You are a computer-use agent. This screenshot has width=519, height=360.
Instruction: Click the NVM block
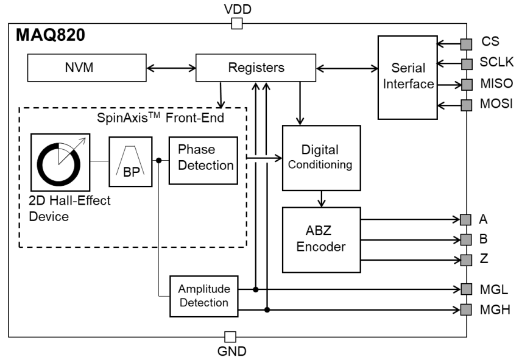point(79,68)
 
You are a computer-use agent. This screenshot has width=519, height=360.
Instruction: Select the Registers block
point(256,68)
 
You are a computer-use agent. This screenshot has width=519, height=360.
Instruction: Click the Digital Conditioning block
point(321,158)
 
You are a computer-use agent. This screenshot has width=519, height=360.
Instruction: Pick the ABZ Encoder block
point(321,239)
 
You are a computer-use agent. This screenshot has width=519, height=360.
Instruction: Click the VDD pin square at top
point(238,24)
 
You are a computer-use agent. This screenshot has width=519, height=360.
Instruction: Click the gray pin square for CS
point(466,44)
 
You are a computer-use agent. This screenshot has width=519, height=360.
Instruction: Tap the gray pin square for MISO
point(466,83)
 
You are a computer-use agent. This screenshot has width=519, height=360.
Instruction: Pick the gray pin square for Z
point(466,260)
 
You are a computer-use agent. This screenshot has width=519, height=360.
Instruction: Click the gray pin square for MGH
point(466,310)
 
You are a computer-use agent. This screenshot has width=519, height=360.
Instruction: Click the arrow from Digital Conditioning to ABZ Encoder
point(321,199)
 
